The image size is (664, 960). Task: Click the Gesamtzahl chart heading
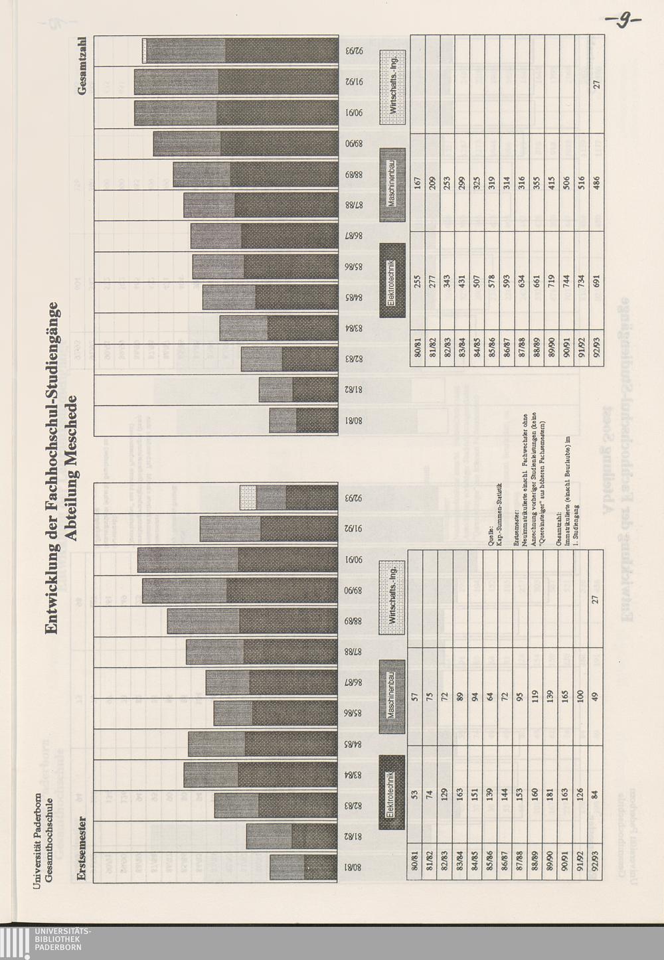pos(82,65)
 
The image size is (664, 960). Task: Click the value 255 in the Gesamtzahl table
pos(418,281)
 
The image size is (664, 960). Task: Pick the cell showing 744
pos(566,281)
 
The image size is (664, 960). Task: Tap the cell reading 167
pos(418,183)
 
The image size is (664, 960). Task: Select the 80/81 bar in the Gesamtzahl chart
pos(304,421)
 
